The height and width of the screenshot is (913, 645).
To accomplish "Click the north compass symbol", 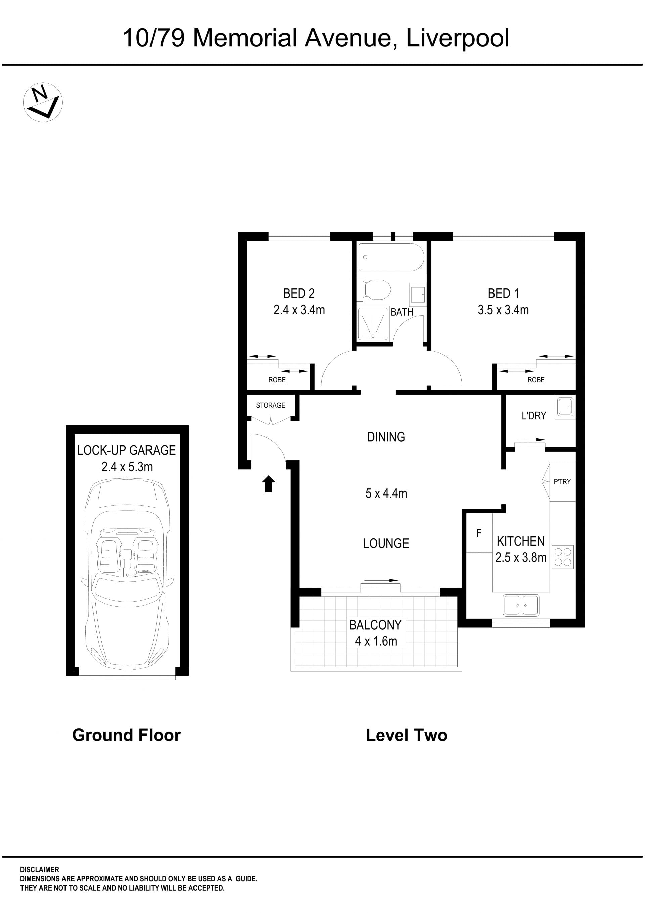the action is click(43, 102).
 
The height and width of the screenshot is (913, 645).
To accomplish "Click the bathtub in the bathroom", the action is click(391, 257).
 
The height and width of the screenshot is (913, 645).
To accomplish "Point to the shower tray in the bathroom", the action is click(373, 323).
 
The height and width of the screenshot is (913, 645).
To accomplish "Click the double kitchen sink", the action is click(521, 605).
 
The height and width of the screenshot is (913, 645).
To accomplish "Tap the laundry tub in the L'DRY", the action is click(565, 407).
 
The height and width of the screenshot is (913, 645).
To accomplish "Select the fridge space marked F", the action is click(479, 533).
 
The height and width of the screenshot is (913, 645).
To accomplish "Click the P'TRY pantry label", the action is click(562, 482).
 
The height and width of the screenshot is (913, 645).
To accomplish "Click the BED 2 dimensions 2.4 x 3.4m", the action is click(299, 310).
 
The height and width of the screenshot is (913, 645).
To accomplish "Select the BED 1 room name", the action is click(503, 293).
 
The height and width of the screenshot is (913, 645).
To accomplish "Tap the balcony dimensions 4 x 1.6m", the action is click(376, 641).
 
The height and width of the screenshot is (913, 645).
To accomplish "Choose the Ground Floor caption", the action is click(126, 735).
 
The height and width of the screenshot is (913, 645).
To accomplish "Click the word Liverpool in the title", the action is click(458, 39).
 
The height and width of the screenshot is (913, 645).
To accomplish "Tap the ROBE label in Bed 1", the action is click(536, 380).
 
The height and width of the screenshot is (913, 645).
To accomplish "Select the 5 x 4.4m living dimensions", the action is click(386, 493).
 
